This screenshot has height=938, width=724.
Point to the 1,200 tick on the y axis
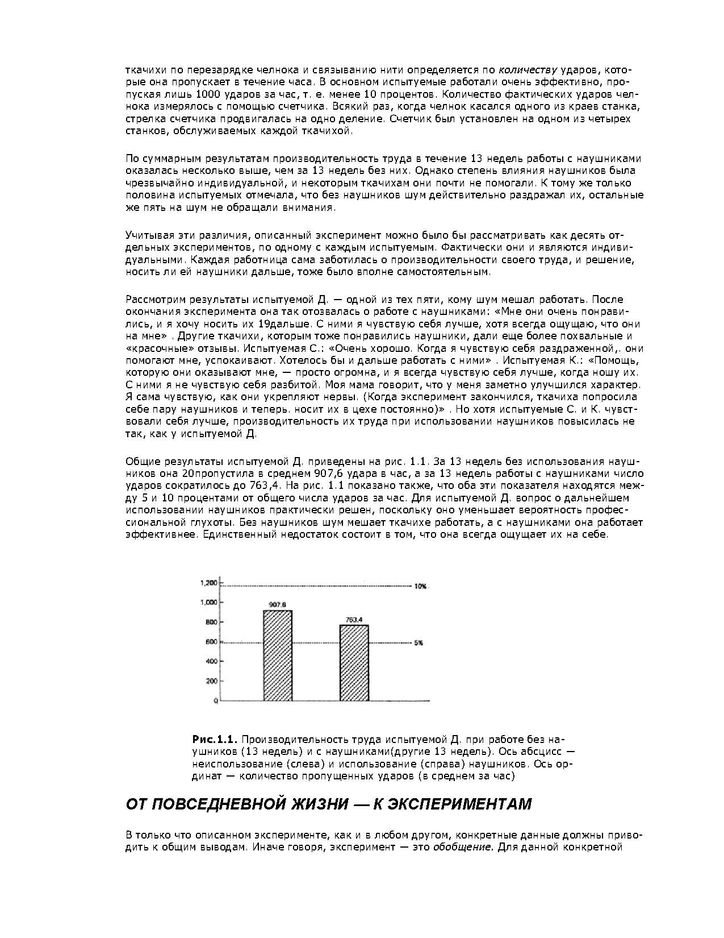pyautogui.click(x=209, y=583)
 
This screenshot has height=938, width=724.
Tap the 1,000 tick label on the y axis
pyautogui.click(x=209, y=603)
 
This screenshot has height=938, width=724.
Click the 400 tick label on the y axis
pyautogui.click(x=211, y=661)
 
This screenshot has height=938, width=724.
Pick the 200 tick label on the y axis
pyautogui.click(x=211, y=681)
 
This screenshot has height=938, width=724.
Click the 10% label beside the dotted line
pyautogui.click(x=420, y=586)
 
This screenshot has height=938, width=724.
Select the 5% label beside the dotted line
pyautogui.click(x=419, y=643)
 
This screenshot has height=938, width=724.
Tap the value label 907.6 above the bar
pyautogui.click(x=277, y=605)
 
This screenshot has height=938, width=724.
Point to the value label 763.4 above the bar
pyautogui.click(x=354, y=620)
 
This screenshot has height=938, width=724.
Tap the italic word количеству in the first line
pyautogui.click(x=528, y=70)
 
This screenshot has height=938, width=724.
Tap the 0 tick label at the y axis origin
pyautogui.click(x=216, y=702)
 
